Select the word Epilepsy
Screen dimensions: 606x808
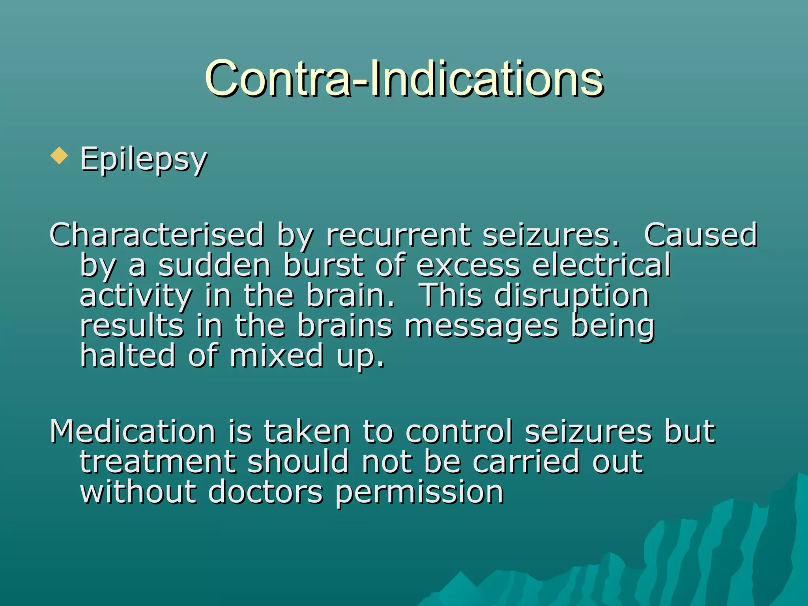[144, 159]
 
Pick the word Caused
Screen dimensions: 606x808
[700, 235]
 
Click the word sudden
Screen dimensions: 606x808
[214, 265]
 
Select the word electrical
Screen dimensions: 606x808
[601, 265]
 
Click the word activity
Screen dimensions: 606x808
[136, 296]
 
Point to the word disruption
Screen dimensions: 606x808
[572, 296]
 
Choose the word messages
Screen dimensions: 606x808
[482, 327]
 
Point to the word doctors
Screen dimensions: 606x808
[265, 492]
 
